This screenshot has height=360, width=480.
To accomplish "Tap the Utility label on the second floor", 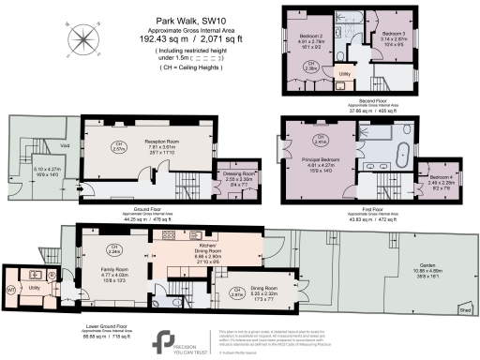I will tap(344, 73).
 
